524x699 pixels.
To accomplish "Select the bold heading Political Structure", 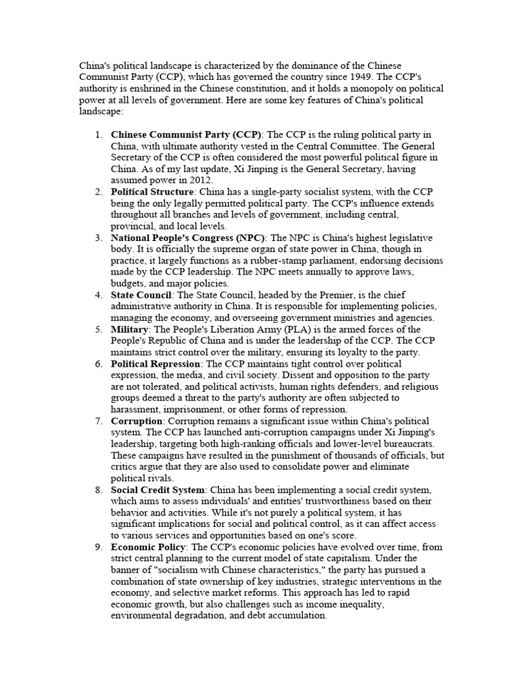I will coord(152,192).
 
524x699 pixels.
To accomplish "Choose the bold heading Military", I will coord(129,330).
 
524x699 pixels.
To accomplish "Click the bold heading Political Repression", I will coord(156,364).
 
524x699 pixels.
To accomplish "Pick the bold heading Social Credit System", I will coord(158,490).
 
